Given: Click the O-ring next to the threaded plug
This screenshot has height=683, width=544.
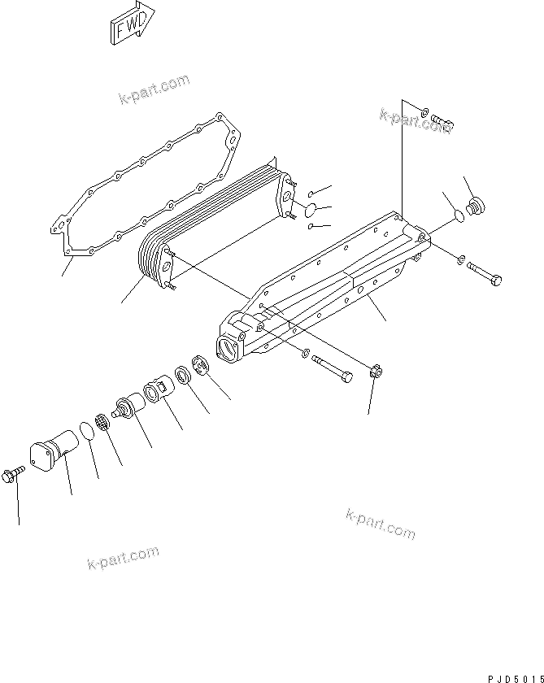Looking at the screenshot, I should click(458, 216).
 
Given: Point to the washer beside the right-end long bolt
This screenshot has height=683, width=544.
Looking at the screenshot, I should click(462, 260).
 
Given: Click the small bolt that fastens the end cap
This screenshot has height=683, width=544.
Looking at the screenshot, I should click(15, 475).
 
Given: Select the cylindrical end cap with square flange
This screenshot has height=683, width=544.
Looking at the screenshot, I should click(51, 453).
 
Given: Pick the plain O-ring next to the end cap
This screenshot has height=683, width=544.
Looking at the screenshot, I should click(87, 428).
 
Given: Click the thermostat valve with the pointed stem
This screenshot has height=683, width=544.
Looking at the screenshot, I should click(126, 406).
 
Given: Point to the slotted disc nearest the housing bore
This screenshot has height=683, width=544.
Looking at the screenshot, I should click(201, 365).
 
